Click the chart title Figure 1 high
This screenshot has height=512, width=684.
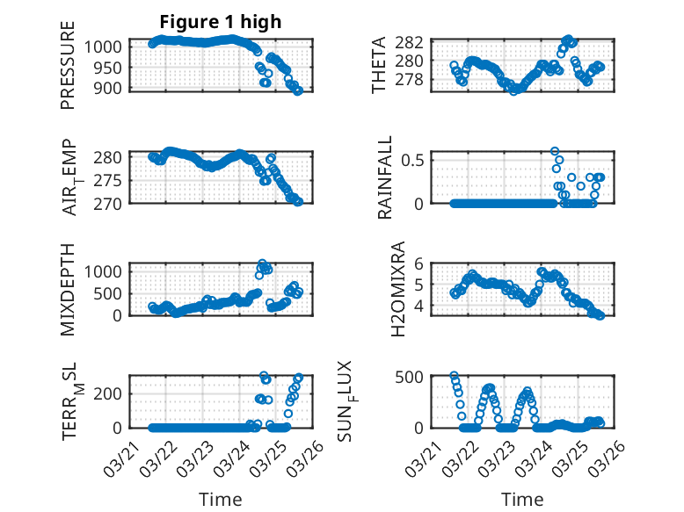[220, 22]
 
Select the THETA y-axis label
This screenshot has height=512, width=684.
[379, 65]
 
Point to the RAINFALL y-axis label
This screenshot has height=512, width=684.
[386, 178]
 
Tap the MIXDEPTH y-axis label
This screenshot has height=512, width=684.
[68, 289]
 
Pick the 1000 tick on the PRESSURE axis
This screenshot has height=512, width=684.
[108, 47]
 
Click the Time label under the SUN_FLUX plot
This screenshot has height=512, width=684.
[522, 500]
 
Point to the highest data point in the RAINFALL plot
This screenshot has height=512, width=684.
[555, 151]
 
